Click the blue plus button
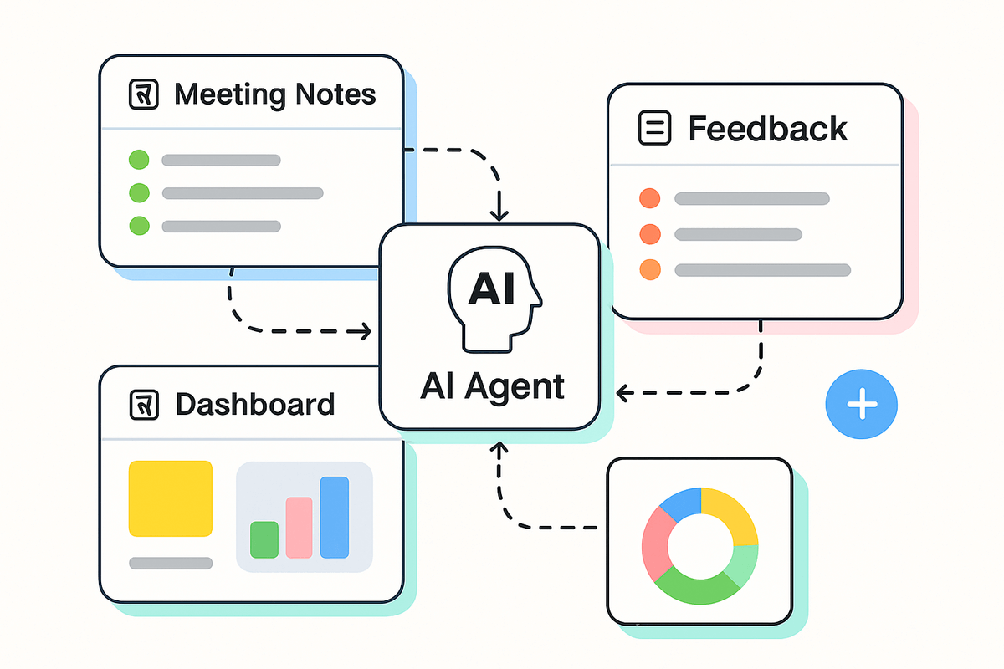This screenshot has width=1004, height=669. pyautogui.click(x=861, y=406)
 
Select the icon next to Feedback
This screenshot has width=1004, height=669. pyautogui.click(x=654, y=128)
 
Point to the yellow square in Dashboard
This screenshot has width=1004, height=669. pyautogui.click(x=170, y=498)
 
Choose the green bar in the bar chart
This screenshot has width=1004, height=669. pyautogui.click(x=264, y=539)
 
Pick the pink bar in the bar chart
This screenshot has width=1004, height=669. pyautogui.click(x=299, y=527)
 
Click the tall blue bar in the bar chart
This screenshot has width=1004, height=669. pyautogui.click(x=335, y=517)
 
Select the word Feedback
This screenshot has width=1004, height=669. pyautogui.click(x=767, y=129)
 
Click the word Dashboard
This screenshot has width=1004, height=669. pyautogui.click(x=254, y=405)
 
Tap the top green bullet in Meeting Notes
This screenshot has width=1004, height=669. pyautogui.click(x=139, y=160)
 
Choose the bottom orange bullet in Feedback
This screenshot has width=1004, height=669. pyautogui.click(x=649, y=270)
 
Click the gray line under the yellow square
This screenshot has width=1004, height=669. pyautogui.click(x=171, y=563)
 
